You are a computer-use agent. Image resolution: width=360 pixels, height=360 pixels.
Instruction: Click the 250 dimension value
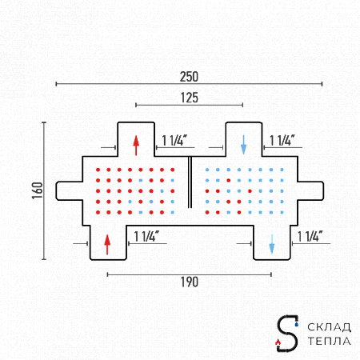point(189,77)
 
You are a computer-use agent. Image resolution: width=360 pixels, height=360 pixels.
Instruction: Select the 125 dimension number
point(190,98)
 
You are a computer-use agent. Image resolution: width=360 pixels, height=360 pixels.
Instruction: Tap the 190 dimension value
point(190,282)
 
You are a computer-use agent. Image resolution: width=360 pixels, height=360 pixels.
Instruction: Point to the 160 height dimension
point(38,190)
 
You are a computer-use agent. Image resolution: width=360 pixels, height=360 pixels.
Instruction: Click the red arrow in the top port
point(136,146)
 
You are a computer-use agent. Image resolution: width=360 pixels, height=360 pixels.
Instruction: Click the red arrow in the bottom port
point(107,245)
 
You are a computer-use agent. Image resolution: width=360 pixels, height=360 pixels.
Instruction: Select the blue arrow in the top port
point(243,145)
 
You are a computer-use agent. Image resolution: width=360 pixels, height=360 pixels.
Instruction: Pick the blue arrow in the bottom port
point(272,244)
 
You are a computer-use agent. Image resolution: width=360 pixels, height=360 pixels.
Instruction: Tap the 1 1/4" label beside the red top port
point(174,141)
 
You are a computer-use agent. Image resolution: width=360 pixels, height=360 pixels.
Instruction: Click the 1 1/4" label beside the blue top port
point(282,141)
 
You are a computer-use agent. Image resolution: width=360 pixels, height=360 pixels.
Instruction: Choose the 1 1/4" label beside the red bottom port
point(146,237)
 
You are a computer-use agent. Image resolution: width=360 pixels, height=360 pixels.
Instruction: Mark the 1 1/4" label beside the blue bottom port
point(310,237)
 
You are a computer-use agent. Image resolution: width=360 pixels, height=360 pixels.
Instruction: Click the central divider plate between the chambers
point(190,182)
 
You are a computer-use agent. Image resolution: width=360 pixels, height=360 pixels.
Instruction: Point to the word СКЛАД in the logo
point(329,327)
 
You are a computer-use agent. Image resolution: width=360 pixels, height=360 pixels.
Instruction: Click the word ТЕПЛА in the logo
point(329,341)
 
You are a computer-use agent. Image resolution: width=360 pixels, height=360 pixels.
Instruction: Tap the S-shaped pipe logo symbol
point(287,334)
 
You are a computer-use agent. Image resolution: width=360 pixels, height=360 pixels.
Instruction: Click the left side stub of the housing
point(70,190)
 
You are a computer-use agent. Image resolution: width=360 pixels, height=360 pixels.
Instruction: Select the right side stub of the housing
point(310,190)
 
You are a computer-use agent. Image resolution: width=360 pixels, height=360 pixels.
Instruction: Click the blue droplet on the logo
point(297,324)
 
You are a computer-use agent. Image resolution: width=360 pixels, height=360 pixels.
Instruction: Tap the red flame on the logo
point(278,342)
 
